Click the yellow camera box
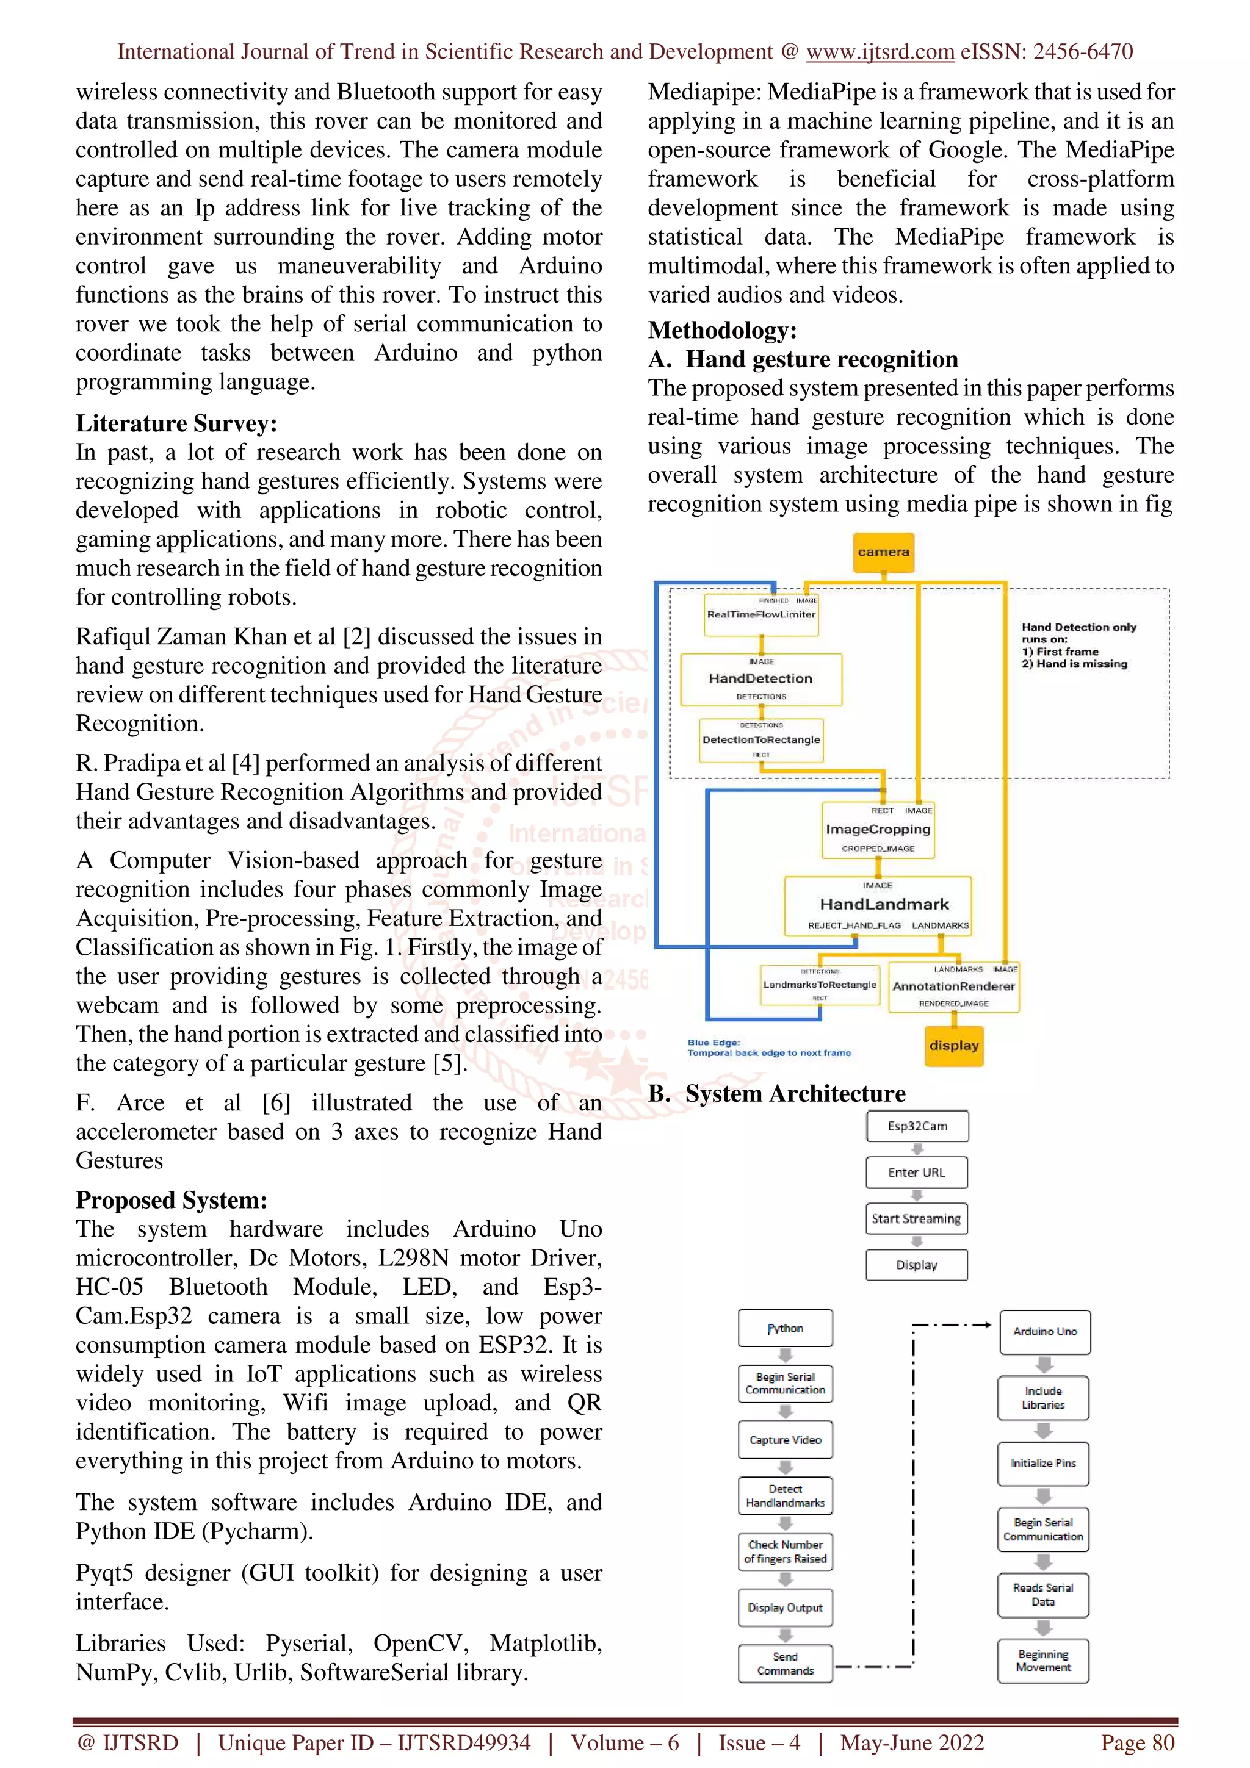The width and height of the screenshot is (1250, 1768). tap(883, 552)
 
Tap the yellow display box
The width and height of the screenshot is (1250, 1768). tap(953, 1046)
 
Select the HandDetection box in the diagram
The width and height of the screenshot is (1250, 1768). tap(761, 679)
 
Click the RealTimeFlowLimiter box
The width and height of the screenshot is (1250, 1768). tap(761, 614)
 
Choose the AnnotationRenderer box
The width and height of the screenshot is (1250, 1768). tap(953, 987)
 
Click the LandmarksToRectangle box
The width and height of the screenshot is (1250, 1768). tap(820, 985)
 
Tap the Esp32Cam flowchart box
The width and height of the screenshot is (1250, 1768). tap(917, 1126)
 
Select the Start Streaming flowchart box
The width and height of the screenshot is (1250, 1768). tap(917, 1219)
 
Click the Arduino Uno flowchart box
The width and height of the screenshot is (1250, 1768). tap(1044, 1331)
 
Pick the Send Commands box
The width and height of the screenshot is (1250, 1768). tap(785, 1663)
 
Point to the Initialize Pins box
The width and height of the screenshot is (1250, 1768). tap(1043, 1463)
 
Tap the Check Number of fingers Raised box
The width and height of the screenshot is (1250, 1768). tap(785, 1551)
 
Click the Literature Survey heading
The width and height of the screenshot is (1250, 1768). tap(176, 423)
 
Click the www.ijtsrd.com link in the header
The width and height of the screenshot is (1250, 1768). tap(880, 52)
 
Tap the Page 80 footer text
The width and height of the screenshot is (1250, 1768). tap(1137, 1742)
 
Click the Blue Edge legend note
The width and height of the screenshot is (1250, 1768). tap(768, 1048)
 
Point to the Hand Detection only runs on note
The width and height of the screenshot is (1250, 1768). tap(1078, 645)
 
